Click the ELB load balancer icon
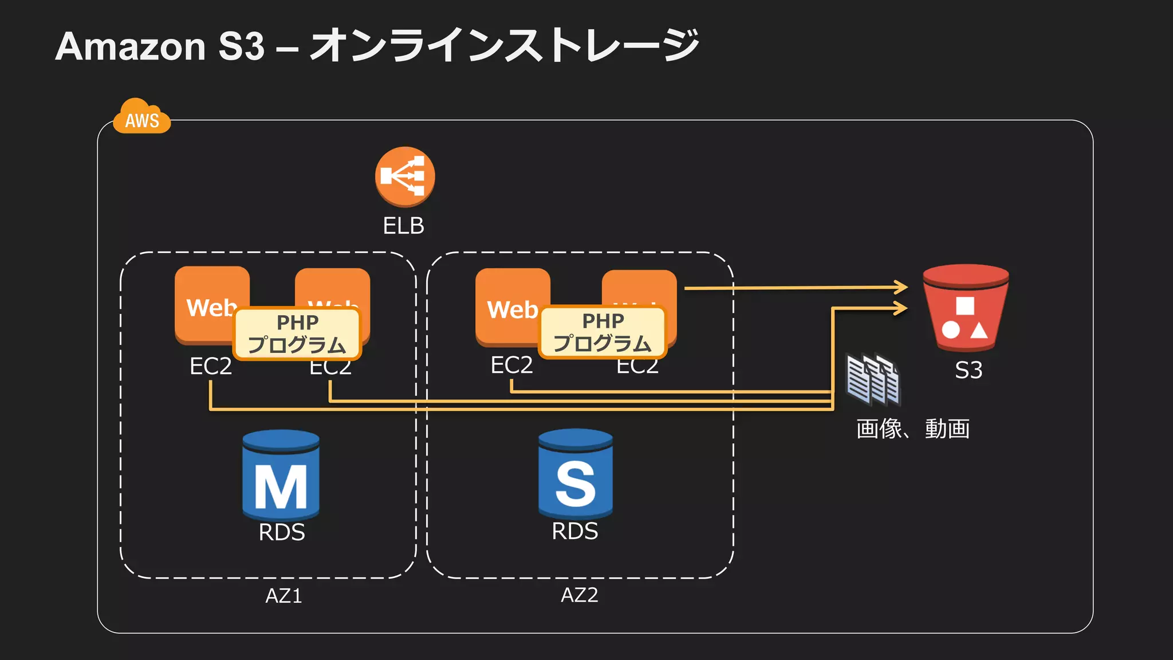[405, 176]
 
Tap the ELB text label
[403, 226]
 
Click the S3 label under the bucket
[969, 370]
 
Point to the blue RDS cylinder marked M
[281, 475]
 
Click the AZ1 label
[284, 596]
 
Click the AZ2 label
[579, 595]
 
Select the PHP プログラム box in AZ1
[297, 334]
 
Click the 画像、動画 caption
[912, 429]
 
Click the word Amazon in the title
[131, 46]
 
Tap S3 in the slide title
[241, 46]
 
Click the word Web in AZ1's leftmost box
[211, 308]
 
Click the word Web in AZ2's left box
[511, 310]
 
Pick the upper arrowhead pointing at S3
[901, 287]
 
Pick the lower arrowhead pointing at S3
[901, 308]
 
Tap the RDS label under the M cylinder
[281, 532]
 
